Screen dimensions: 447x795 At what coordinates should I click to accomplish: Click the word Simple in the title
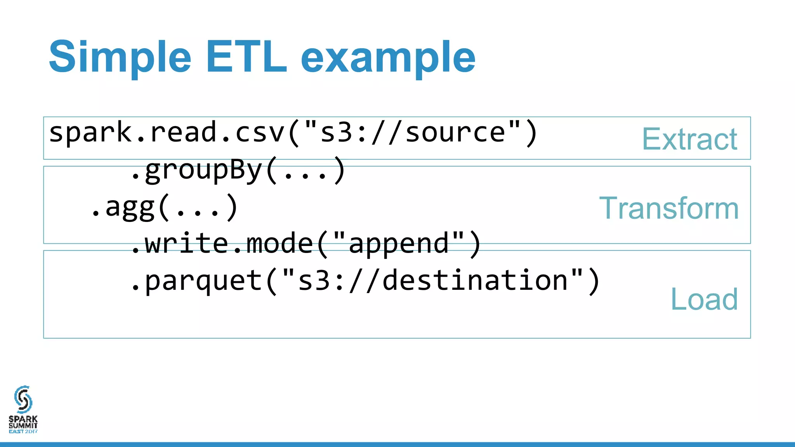(120, 57)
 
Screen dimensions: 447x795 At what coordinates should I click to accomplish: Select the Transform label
(668, 208)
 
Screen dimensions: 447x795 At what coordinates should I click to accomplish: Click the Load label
(704, 299)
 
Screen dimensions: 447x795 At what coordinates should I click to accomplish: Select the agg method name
(130, 207)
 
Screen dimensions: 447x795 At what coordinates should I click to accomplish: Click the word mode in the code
(280, 244)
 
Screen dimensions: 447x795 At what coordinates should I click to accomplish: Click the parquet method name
(204, 281)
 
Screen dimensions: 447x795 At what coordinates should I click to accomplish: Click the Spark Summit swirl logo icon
(23, 399)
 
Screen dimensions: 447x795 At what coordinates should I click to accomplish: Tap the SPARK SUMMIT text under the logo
(23, 423)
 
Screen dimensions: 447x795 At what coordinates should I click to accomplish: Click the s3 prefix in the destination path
(314, 281)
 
